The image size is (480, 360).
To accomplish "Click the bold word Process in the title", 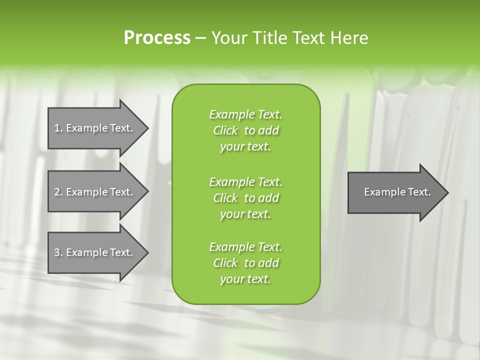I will [x=157, y=38].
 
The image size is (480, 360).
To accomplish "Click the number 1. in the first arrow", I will [x=58, y=128].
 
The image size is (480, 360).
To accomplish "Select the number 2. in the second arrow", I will [x=58, y=192].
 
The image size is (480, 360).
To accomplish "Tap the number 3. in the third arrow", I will [x=58, y=252].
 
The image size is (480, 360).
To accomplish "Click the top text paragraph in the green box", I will [x=246, y=130].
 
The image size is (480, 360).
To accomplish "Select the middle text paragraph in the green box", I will [x=246, y=197].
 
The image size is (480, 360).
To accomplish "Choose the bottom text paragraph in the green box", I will [x=246, y=263].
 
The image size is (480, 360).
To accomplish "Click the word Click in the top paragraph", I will [x=225, y=130].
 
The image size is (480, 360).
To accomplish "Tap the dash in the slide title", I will [x=200, y=38].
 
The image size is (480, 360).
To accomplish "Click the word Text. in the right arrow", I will [x=418, y=192].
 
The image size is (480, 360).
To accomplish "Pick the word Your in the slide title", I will [x=228, y=38].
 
